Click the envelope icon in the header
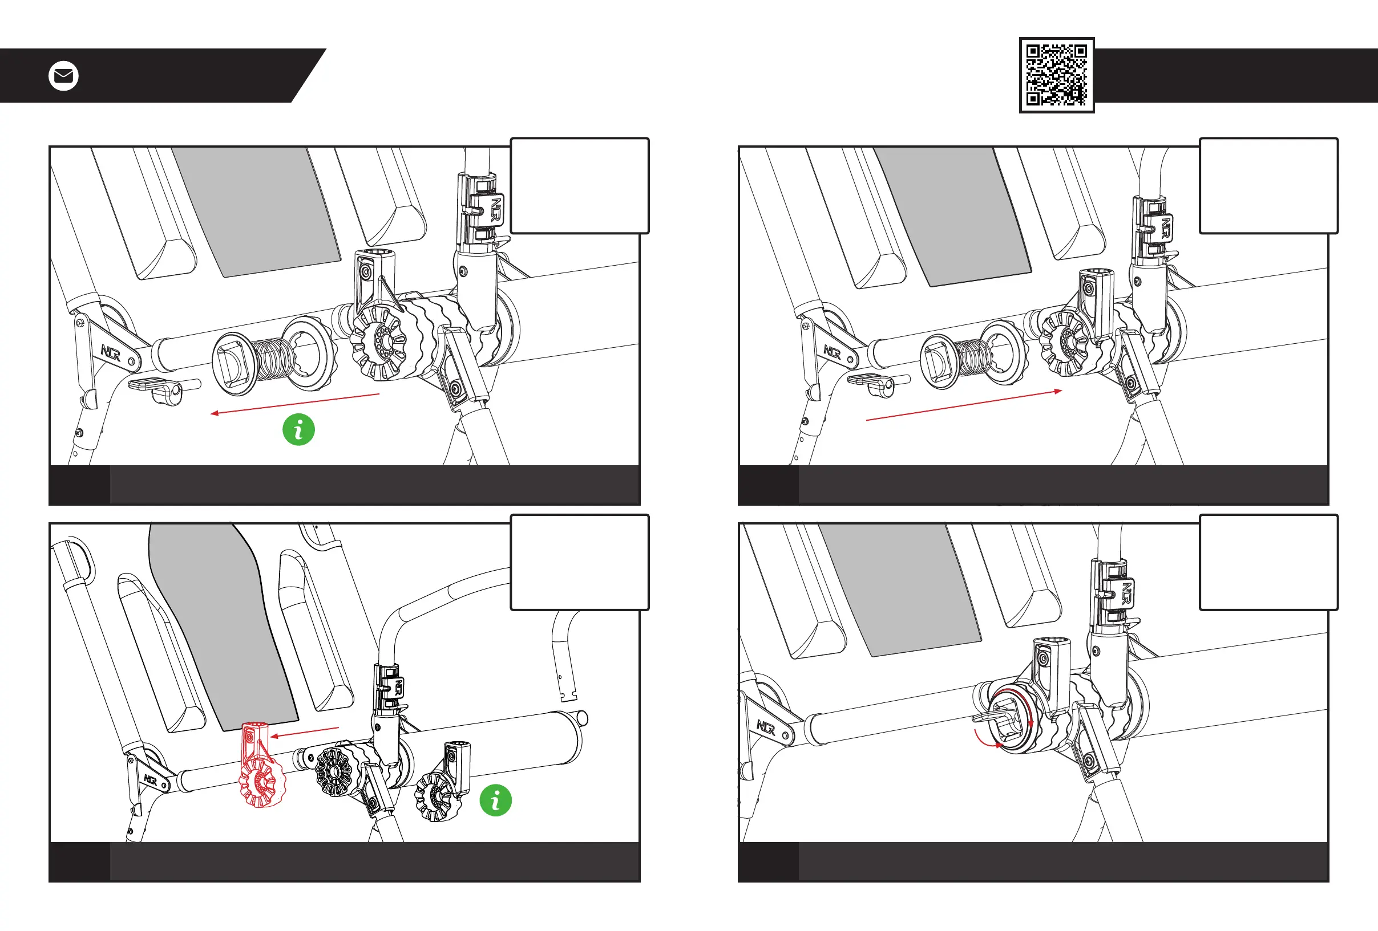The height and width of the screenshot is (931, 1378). click(63, 76)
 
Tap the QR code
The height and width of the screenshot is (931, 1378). click(1056, 75)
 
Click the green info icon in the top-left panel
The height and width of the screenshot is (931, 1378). click(298, 429)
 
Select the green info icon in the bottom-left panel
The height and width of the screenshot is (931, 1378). click(495, 800)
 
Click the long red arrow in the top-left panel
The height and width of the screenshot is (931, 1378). click(294, 404)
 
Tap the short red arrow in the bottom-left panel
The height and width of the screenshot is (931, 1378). click(304, 732)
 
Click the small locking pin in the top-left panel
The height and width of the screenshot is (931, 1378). click(163, 388)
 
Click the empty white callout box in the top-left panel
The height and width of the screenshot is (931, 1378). click(579, 185)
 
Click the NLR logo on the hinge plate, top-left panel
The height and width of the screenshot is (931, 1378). click(111, 353)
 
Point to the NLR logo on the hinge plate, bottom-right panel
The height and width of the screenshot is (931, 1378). click(766, 727)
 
